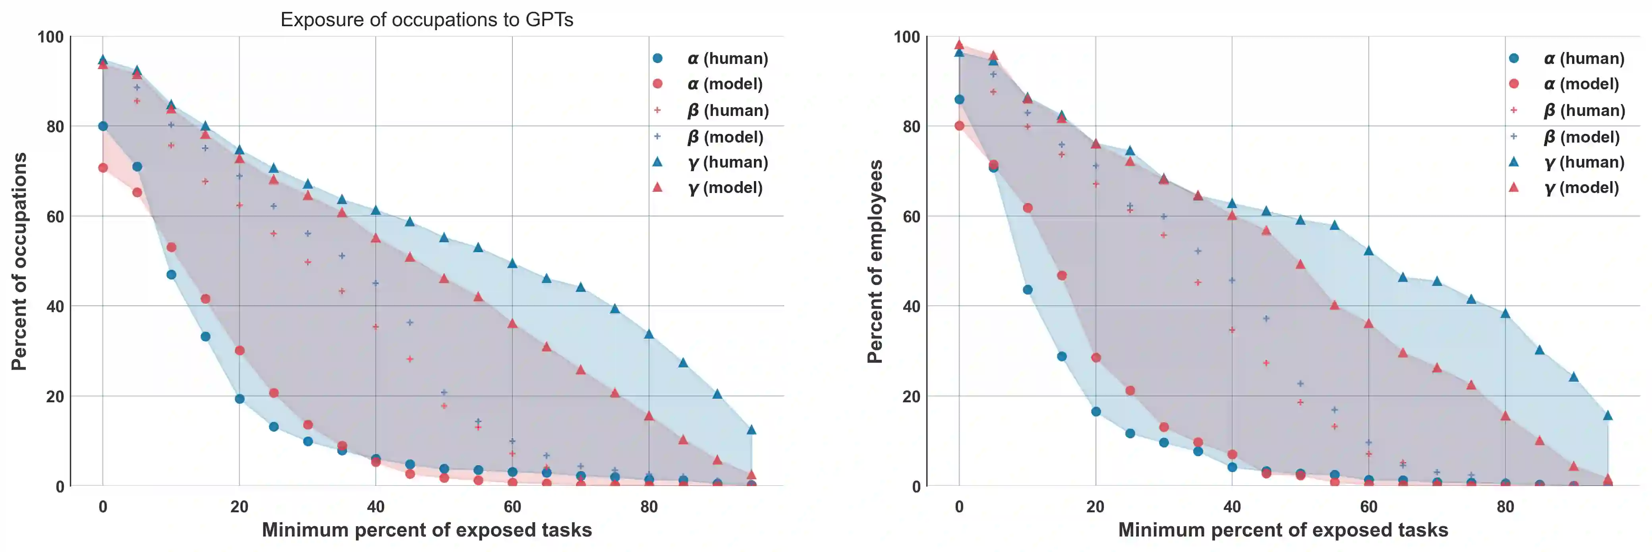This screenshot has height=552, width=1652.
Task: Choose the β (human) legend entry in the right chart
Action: [1568, 110]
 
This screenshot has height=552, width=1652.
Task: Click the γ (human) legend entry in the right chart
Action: [1568, 162]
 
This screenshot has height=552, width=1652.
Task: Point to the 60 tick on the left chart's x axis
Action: [512, 506]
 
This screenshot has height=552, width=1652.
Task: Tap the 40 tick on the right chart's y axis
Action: [911, 307]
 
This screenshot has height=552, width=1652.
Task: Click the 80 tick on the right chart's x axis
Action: [1505, 506]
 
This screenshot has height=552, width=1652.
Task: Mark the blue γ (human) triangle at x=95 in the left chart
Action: [751, 430]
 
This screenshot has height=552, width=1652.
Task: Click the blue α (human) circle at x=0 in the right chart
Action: [959, 99]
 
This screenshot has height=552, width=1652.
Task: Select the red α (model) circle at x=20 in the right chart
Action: [1096, 358]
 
